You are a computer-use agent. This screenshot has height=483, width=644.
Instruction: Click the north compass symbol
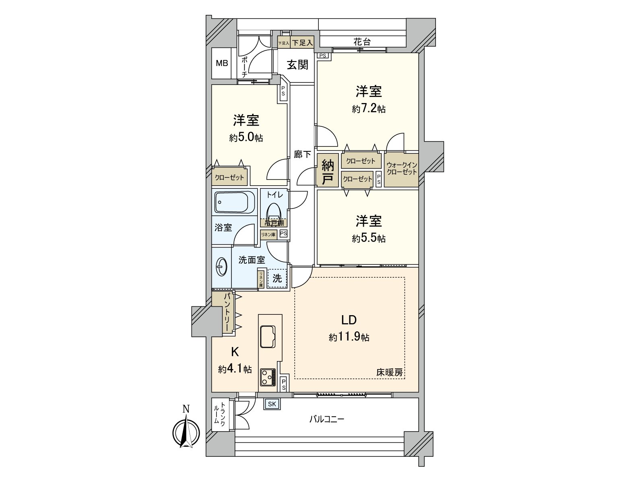tap(186, 433)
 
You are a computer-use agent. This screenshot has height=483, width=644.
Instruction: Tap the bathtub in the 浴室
tap(235, 202)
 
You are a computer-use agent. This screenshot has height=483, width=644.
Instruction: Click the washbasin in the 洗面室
tap(222, 266)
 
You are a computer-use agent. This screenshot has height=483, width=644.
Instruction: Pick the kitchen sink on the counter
tap(267, 336)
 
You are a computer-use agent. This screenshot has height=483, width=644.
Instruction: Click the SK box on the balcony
tap(272, 404)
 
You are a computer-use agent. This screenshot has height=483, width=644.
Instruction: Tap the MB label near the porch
tap(222, 63)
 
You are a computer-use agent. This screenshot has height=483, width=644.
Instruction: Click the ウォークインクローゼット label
tap(401, 169)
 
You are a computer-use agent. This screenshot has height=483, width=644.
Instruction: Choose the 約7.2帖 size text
tap(369, 109)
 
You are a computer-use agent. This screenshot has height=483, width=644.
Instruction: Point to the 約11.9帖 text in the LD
tap(349, 337)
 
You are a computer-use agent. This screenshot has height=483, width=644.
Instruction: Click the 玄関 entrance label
tap(297, 65)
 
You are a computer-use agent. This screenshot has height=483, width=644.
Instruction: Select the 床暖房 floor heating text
tap(389, 373)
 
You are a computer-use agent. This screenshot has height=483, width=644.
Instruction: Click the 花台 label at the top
tap(362, 42)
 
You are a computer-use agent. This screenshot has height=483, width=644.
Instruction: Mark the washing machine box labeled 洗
tap(277, 278)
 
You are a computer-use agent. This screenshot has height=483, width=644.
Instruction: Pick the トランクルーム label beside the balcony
tap(220, 415)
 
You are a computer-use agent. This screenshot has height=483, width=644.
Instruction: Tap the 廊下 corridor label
tap(302, 154)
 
